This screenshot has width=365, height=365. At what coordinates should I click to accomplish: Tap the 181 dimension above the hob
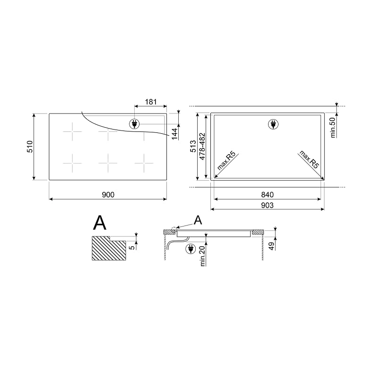coord(150,102)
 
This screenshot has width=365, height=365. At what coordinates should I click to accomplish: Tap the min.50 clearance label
coord(332,126)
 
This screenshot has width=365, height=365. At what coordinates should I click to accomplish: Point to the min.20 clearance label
coord(202,256)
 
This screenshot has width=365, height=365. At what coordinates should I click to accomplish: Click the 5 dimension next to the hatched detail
coord(133,245)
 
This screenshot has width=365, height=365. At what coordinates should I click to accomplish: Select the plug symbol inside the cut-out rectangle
coord(273,124)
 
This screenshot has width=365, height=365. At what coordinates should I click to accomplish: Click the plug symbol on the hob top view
coord(134,124)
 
